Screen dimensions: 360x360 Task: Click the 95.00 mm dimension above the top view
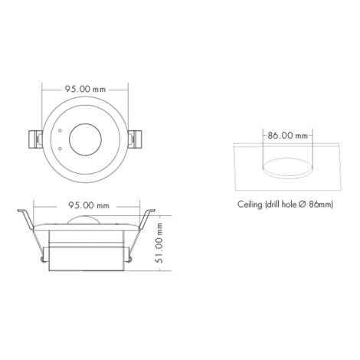click(x=87, y=90)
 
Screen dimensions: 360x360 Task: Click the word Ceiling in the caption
click(x=250, y=205)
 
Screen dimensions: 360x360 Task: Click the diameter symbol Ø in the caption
click(x=307, y=205)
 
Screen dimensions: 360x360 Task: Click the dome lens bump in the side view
click(x=87, y=221)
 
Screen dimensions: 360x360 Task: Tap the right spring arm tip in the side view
click(x=150, y=209)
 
